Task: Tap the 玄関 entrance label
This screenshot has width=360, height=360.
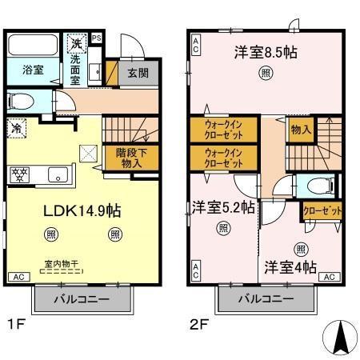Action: (138, 74)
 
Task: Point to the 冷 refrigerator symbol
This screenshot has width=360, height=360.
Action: (16, 126)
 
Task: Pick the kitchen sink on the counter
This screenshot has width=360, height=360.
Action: (59, 174)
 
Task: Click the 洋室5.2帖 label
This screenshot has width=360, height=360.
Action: (223, 207)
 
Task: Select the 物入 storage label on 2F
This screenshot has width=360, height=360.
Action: (299, 128)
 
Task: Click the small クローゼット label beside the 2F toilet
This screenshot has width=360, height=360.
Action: (322, 211)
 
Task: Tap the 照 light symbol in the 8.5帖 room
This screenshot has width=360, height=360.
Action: (264, 74)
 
